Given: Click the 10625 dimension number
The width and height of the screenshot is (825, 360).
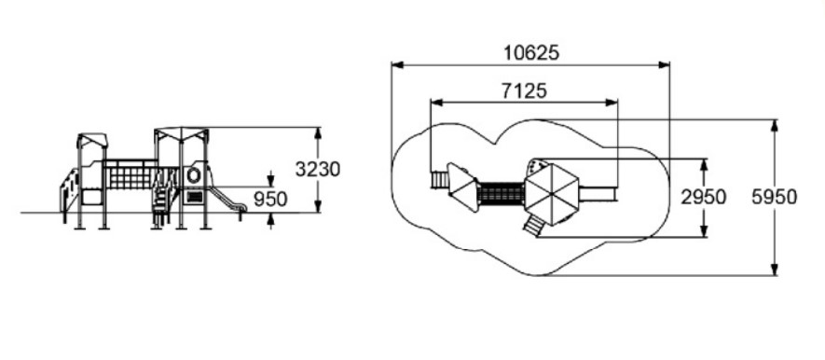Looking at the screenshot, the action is [x=530, y=53].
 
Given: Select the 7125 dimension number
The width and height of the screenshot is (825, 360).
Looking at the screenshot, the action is [x=524, y=91].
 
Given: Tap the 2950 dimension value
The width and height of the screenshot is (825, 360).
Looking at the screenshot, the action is [x=703, y=198].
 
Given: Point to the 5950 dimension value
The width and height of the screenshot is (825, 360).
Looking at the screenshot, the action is [x=774, y=198].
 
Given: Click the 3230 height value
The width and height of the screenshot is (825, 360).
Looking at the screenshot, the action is [x=317, y=170].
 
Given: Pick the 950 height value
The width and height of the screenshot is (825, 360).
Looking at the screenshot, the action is [x=270, y=200].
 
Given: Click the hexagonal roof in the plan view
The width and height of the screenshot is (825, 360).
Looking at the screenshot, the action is [x=552, y=194].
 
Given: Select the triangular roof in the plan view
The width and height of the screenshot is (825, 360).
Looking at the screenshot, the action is [x=463, y=187].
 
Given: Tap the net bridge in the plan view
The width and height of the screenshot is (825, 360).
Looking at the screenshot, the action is [x=502, y=194].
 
